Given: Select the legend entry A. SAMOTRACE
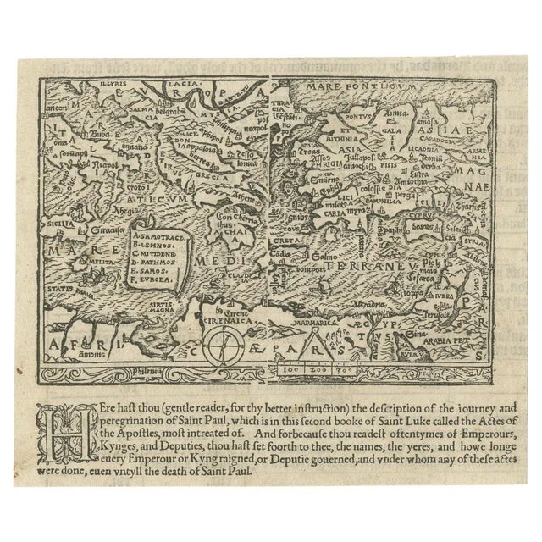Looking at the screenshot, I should pyautogui.click(x=160, y=230).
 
